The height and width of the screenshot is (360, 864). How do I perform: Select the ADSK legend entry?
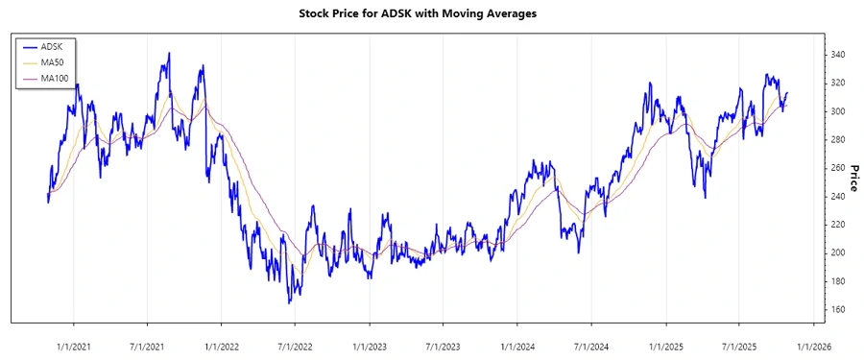pyautogui.click(x=54, y=47)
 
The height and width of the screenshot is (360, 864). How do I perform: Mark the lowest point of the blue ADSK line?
pyautogui.click(x=289, y=303)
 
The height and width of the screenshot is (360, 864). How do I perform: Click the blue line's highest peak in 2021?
pyautogui.click(x=169, y=54)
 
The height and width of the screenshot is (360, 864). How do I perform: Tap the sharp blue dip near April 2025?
pyautogui.click(x=706, y=198)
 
